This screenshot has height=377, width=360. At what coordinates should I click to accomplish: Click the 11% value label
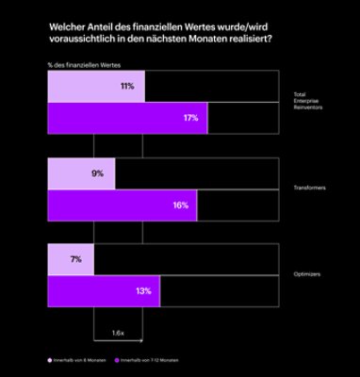(x=126, y=86)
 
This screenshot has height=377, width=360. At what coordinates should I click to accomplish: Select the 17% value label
(x=190, y=118)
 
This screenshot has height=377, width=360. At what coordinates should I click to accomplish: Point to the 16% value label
(x=180, y=205)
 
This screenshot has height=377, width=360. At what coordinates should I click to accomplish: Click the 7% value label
(x=75, y=259)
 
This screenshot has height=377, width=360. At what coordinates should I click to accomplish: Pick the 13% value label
(x=143, y=291)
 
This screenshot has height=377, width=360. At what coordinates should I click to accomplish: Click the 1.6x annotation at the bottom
(x=117, y=333)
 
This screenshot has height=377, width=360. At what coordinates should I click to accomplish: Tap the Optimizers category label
(x=309, y=275)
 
